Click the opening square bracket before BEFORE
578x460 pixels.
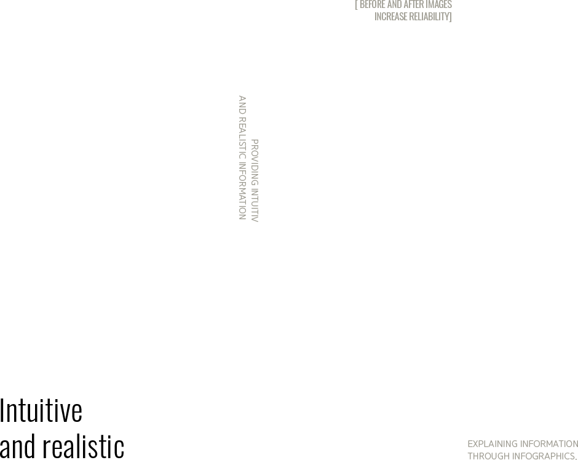(357, 4)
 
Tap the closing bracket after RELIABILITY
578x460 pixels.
(450, 17)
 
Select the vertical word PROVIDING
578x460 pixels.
(255, 162)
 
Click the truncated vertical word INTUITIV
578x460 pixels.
(255, 205)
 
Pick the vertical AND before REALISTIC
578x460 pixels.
(242, 105)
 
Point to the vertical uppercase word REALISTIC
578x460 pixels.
(242, 138)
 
